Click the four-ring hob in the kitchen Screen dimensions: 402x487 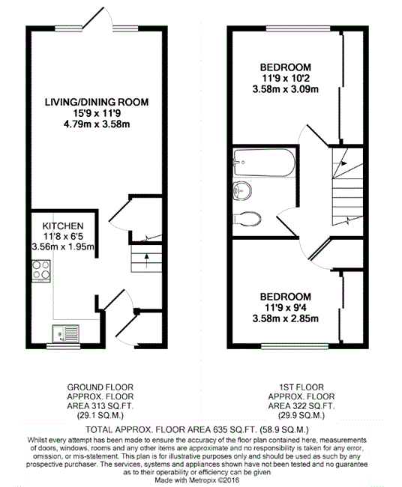point(41,270)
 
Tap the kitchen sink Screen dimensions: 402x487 point(65,333)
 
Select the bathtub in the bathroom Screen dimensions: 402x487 point(264,163)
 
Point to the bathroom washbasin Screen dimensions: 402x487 point(242,190)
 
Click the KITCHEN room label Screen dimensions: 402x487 point(63,226)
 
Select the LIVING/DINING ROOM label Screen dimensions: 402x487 point(97,102)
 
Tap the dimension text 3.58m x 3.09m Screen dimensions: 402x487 point(286,89)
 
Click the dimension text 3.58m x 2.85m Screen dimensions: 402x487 point(286,318)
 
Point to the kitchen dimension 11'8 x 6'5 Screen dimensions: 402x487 point(63,237)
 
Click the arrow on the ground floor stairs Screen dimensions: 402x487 point(146,260)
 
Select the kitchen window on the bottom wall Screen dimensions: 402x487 point(64,346)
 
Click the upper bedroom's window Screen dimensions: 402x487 point(298,28)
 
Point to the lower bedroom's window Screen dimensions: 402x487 point(295,346)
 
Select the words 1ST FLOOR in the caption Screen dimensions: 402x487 point(301,387)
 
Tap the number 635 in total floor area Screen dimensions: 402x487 point(220,430)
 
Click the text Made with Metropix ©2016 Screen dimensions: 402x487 point(197,480)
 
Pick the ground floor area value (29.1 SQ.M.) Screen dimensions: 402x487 point(100,415)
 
